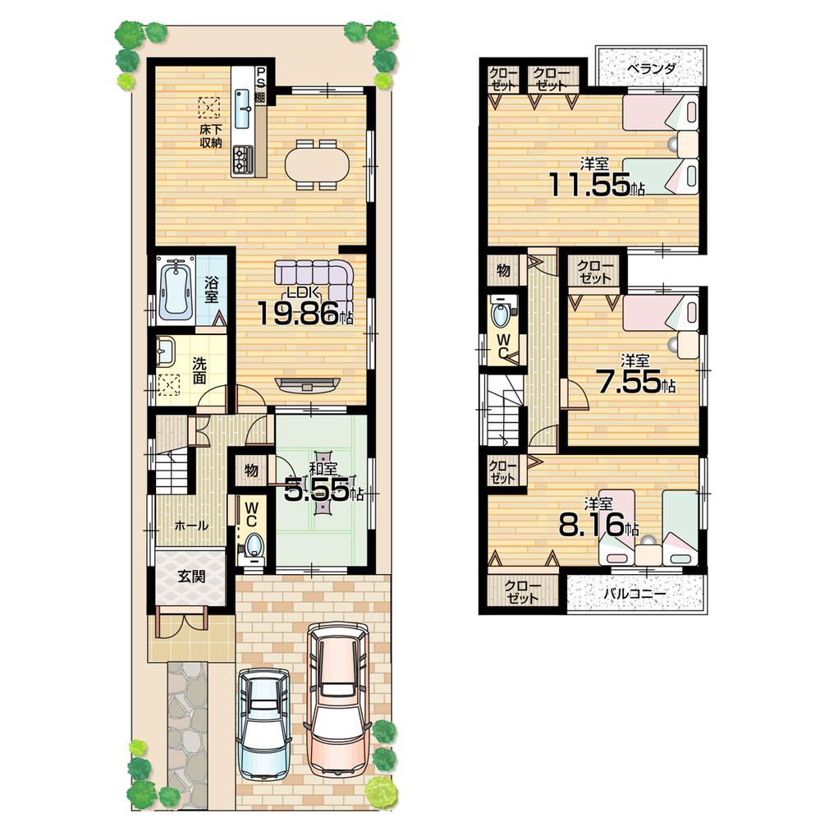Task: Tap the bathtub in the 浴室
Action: pos(175,291)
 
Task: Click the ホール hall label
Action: pos(192,526)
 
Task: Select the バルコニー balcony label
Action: pos(636,592)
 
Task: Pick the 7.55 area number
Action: pos(630,382)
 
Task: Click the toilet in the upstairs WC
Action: pos(499,313)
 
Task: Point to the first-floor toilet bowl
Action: pos(255,545)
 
